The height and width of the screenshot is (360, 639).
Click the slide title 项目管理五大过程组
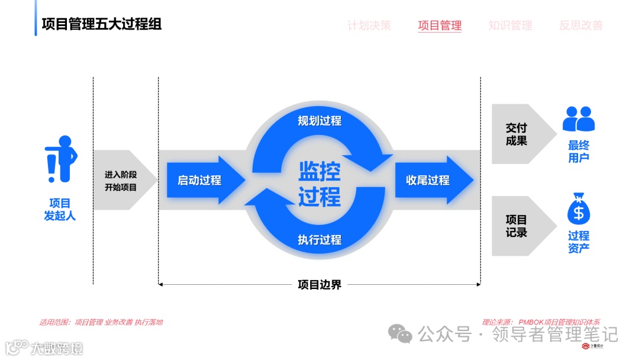pyautogui.click(x=101, y=24)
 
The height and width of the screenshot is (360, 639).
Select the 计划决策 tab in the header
pyautogui.click(x=369, y=25)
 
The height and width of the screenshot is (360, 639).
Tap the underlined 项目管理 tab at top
pyautogui.click(x=440, y=25)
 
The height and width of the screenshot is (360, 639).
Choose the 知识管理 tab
pyautogui.click(x=510, y=25)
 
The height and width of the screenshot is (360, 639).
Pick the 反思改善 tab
pyautogui.click(x=580, y=25)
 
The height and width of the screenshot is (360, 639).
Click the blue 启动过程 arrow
pyautogui.click(x=201, y=180)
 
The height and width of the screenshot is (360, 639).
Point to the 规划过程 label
pyautogui.click(x=319, y=121)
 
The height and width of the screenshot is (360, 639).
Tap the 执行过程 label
pyautogui.click(x=319, y=240)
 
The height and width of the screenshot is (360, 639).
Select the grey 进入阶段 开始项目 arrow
pyautogui.click(x=121, y=181)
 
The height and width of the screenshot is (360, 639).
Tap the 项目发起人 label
pyautogui.click(x=60, y=209)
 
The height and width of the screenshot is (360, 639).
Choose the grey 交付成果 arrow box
pyautogui.click(x=519, y=134)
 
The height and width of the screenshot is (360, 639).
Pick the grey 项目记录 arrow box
pyautogui.click(x=519, y=226)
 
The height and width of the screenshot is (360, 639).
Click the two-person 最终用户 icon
pyautogui.click(x=578, y=119)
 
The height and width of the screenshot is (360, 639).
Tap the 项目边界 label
pyautogui.click(x=319, y=285)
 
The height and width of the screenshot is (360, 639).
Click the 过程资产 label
pyautogui.click(x=578, y=242)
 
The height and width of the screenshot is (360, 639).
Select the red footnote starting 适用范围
pyautogui.click(x=101, y=322)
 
